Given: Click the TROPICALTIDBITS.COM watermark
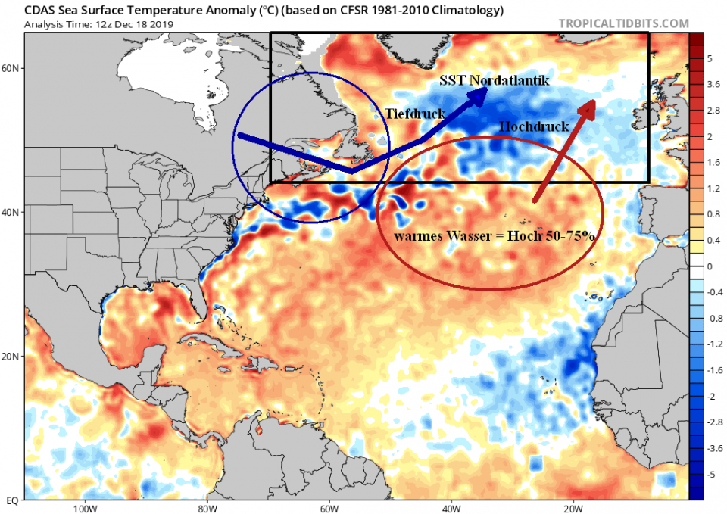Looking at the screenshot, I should point(624,23).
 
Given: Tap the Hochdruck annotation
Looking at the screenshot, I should point(534,126).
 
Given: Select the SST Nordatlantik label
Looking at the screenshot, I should point(495,80).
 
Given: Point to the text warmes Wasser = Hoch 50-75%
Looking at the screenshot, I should point(494,236).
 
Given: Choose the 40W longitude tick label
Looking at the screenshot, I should point(451,508).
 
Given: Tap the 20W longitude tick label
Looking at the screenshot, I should point(573,508).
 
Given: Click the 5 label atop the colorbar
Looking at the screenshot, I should point(710,58).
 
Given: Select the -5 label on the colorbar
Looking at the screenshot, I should point(710,474).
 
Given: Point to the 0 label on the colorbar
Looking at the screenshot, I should point(710,266).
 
